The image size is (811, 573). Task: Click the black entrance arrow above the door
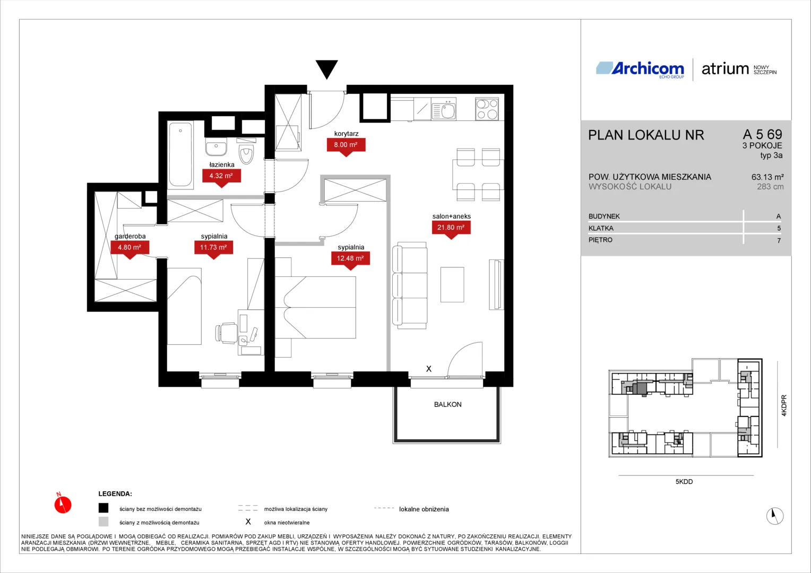point(326,69)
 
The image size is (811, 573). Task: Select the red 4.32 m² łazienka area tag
point(221,177)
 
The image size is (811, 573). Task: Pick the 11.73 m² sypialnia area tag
point(213,249)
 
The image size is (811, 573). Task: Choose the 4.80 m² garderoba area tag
point(130,249)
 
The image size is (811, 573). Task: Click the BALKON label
point(447,404)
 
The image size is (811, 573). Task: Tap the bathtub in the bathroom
point(180,154)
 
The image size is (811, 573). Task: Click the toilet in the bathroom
point(246,151)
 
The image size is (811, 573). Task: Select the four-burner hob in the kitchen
point(487,109)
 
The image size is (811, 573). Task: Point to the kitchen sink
point(444,110)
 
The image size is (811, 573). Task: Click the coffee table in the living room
point(452,284)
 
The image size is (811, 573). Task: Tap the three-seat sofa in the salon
point(410,285)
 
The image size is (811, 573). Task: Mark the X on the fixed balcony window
point(429,369)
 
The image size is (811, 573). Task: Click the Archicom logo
point(640,69)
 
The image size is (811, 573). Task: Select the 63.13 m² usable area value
point(767,177)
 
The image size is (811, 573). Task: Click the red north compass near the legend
point(63,504)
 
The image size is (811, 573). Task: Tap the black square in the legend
point(103,508)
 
